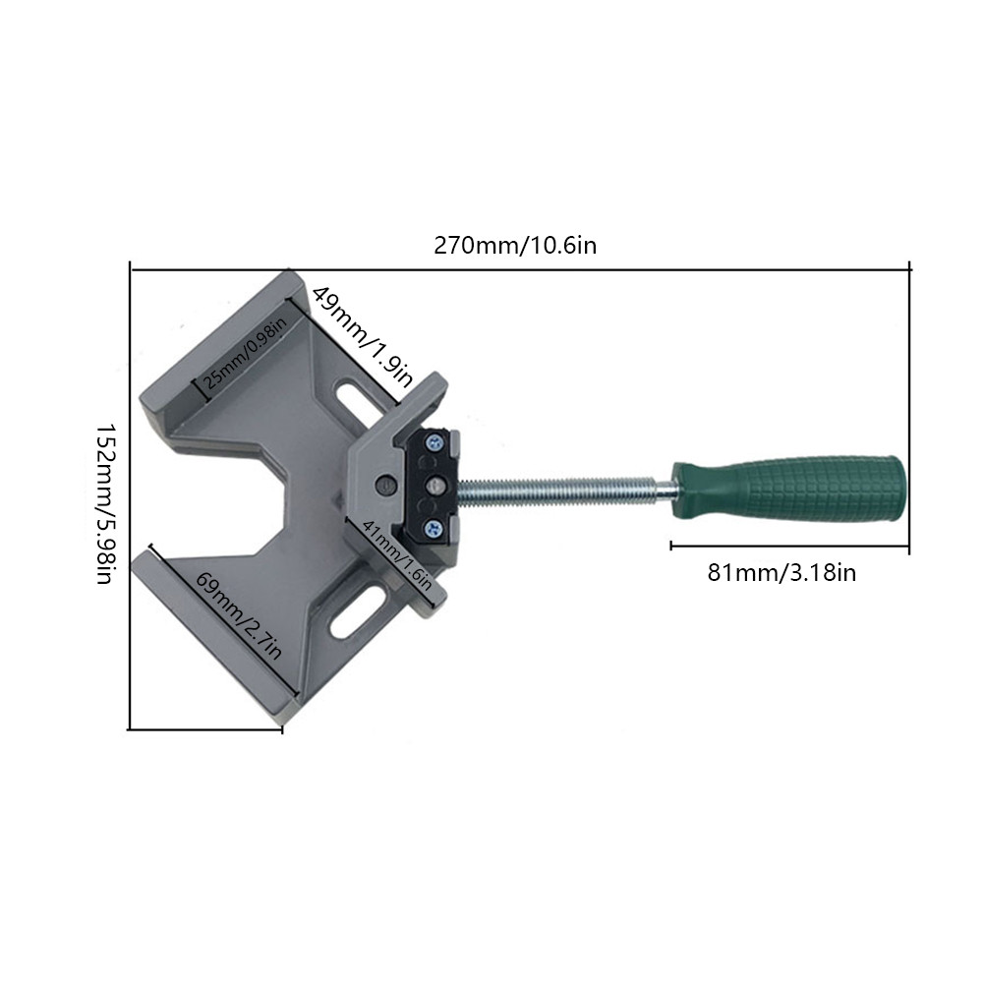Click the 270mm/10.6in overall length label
click(x=515, y=245)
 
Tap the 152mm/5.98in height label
click(x=105, y=503)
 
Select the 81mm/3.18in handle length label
click(x=781, y=572)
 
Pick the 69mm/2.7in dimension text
click(x=239, y=615)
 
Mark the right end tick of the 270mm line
click(x=909, y=266)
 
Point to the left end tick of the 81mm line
click(x=671, y=544)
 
